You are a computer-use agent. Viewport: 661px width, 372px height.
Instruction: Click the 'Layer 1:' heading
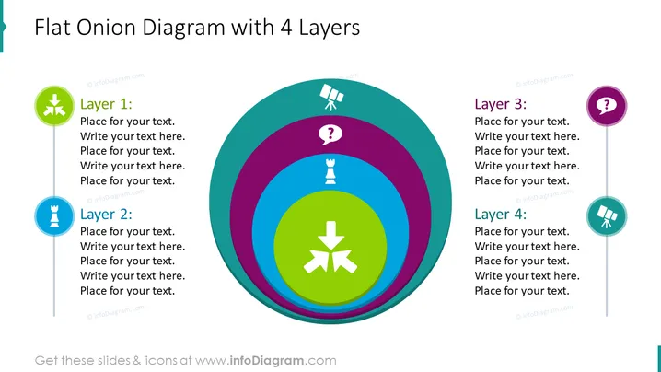point(106,104)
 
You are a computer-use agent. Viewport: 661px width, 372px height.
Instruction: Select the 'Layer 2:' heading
point(106,214)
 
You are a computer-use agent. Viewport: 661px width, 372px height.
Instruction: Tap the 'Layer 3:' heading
point(501,104)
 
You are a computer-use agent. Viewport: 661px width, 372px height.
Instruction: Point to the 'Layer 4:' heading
point(501,214)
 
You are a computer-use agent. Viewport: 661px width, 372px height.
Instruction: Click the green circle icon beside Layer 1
point(54,106)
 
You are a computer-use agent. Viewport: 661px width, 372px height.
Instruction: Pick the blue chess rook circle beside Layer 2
point(54,216)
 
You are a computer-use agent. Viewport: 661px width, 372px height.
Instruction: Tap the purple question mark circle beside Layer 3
point(607,106)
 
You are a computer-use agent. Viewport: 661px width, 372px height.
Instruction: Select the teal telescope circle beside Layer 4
point(607,216)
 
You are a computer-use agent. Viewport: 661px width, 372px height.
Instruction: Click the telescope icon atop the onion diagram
point(331,97)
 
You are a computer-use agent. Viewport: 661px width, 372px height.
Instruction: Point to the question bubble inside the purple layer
point(330,135)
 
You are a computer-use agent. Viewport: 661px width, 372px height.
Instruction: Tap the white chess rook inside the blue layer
point(330,171)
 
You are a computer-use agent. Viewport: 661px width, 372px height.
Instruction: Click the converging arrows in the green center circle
point(330,247)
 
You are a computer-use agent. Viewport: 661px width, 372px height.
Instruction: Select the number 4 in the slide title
point(286,28)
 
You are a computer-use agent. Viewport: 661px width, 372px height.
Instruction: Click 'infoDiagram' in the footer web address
point(266,361)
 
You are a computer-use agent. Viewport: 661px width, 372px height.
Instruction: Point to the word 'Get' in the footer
point(46,361)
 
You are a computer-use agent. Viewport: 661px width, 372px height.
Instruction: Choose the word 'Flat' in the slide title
point(52,28)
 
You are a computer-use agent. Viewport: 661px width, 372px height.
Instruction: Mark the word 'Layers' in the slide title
point(330,29)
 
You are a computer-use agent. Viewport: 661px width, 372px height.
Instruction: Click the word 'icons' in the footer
point(161,361)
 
